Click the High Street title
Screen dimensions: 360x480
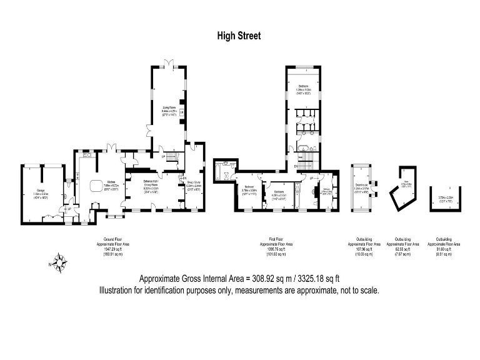tap(239, 36)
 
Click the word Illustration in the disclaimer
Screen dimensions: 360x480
tap(116, 291)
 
